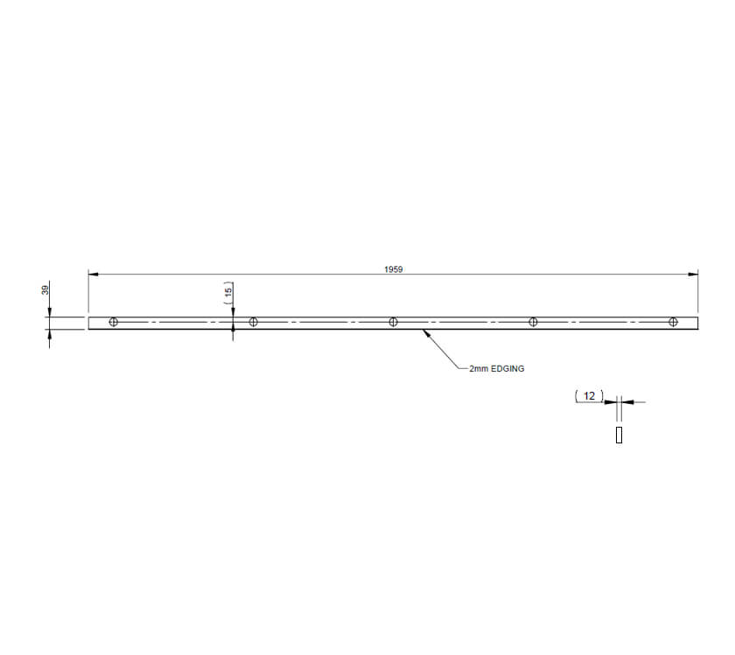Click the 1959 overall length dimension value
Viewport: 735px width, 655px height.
pos(393,270)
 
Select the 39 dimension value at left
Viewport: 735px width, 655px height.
pos(45,289)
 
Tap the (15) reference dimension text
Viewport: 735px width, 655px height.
pos(228,292)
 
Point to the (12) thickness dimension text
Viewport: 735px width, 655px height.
pos(589,396)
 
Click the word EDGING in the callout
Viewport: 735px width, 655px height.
pos(507,369)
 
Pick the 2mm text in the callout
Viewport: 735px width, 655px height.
pos(479,369)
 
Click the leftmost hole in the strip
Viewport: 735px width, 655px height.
pos(114,322)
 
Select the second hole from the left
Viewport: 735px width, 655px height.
pos(254,322)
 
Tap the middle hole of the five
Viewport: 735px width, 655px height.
pos(393,322)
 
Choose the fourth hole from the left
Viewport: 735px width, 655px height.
pos(533,322)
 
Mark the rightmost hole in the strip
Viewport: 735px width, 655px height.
pos(672,322)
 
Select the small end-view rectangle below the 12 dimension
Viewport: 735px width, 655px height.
pos(619,435)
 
